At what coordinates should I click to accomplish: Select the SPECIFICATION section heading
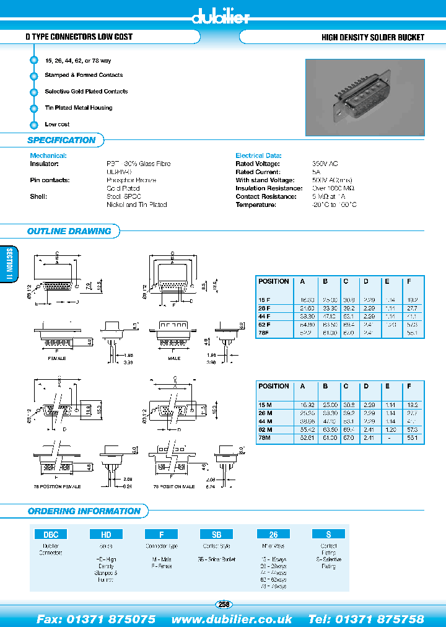tap(61, 140)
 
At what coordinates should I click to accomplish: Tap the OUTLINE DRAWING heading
tap(69, 231)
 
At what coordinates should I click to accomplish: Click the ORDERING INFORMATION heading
tap(84, 511)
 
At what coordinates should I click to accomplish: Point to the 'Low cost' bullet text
tap(57, 125)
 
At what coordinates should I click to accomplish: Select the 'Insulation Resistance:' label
tap(268, 188)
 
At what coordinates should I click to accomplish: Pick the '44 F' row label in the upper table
tap(265, 316)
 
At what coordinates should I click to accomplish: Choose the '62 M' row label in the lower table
tap(266, 429)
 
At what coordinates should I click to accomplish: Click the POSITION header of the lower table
tap(273, 386)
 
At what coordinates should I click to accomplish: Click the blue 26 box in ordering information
tap(273, 534)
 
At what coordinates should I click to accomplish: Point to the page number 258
tap(224, 604)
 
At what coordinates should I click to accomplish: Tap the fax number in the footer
tap(96, 619)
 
